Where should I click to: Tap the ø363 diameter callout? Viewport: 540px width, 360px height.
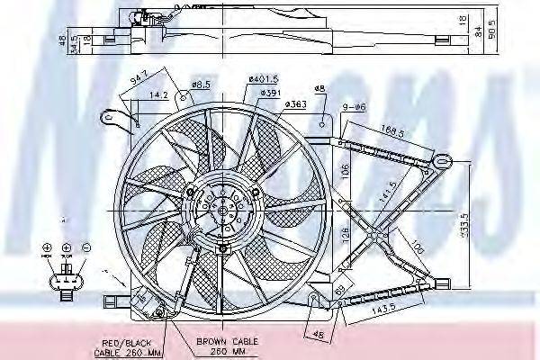point(295,105)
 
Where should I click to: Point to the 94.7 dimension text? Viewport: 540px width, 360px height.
point(137,76)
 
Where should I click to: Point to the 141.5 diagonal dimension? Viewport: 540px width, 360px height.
point(389,192)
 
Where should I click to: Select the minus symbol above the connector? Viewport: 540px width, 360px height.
point(85,247)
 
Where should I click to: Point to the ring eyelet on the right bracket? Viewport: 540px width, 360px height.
point(441,162)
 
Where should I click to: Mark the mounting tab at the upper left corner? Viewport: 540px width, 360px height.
point(111,117)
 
